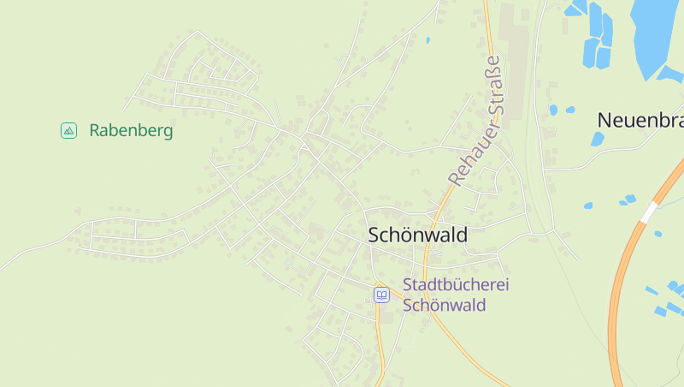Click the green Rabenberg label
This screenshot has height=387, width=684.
coord(131,131)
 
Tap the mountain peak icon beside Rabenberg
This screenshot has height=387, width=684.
coord(68,130)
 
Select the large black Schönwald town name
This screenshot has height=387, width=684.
coord(417,235)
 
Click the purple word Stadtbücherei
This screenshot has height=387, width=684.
coord(455,284)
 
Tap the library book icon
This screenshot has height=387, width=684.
coord(381,295)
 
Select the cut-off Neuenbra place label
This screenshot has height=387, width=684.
coord(640,120)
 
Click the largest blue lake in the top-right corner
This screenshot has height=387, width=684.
coord(657,30)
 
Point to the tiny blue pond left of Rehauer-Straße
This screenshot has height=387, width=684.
coord(427,39)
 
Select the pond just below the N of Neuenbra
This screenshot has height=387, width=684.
coord(598,139)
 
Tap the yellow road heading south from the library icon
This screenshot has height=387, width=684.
coord(379,342)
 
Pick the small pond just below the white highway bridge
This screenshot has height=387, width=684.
coord(657,233)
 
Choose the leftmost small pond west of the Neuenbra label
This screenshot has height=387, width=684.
coord(553,110)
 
